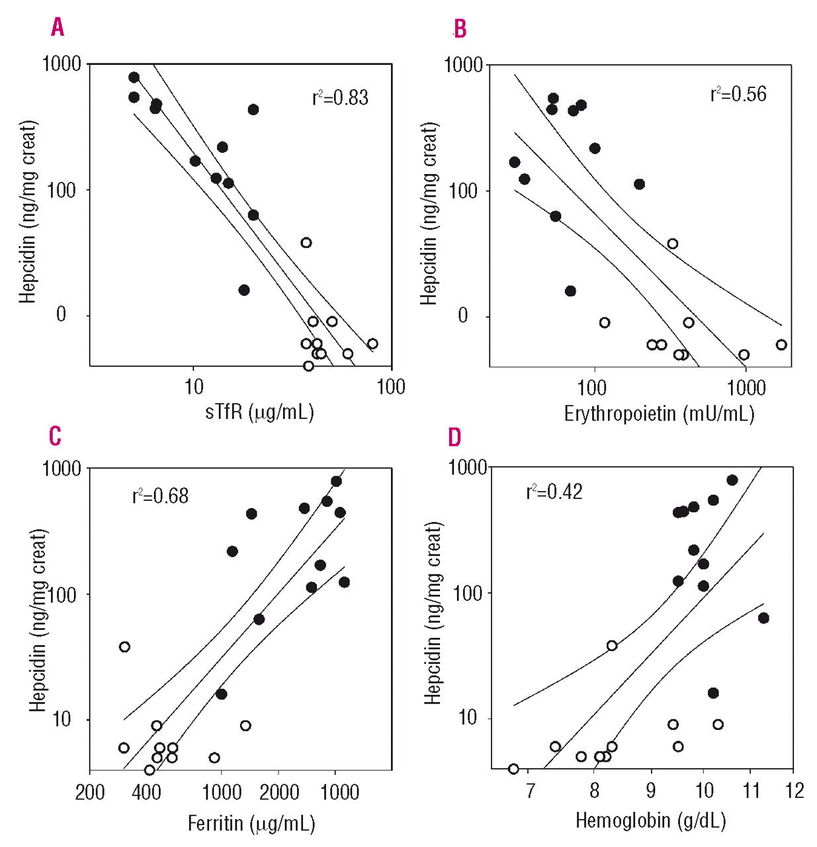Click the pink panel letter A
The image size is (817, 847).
58,27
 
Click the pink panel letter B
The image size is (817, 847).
459,29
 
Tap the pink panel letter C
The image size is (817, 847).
56,436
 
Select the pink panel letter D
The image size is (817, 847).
454,437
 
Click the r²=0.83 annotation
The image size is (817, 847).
340,98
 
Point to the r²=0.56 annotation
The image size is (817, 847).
738,94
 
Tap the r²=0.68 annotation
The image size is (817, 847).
160,496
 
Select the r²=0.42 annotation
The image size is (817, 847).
554,492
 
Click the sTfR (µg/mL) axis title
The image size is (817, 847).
259,412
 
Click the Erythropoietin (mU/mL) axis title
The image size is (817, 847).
659,414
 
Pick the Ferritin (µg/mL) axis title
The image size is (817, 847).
251,823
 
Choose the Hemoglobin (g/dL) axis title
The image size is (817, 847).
651,821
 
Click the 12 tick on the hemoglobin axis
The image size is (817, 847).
794,790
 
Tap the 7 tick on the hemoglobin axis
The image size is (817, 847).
530,790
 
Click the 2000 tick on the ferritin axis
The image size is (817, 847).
279,791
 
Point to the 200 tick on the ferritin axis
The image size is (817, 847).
90,792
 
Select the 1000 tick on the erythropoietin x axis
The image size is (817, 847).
746,388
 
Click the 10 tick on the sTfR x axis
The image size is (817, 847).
193,387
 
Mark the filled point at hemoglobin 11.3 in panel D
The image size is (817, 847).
763,618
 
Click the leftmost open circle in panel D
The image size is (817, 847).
513,769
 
